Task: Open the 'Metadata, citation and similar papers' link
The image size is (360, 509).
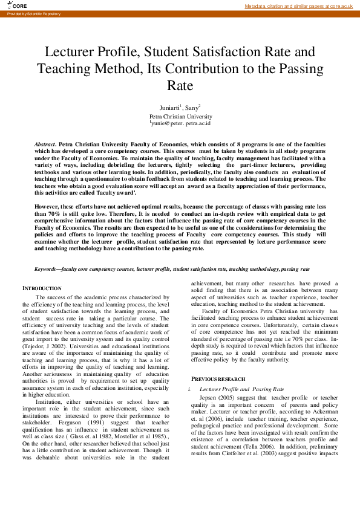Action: (x=298, y=6)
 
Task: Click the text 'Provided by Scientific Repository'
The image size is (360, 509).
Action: (x=34, y=13)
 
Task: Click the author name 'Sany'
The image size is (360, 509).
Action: (x=192, y=108)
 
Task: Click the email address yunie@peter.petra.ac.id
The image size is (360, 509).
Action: (x=180, y=123)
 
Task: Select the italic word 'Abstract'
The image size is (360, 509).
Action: (x=45, y=146)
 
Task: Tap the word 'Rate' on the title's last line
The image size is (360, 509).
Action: (x=180, y=85)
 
